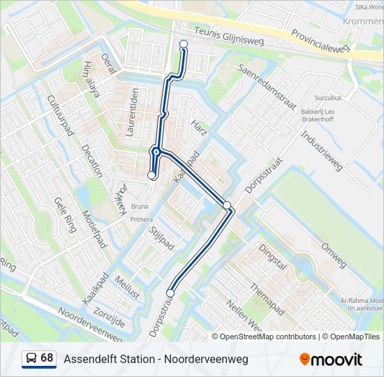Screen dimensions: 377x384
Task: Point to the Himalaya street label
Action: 91,78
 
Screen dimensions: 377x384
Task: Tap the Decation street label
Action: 91,161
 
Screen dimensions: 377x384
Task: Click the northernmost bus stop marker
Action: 184,44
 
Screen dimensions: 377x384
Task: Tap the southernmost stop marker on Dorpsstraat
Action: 170,293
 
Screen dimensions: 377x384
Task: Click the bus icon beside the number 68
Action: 31,358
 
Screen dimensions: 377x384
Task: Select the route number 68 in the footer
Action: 47,358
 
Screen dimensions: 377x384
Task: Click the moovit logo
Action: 331,359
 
